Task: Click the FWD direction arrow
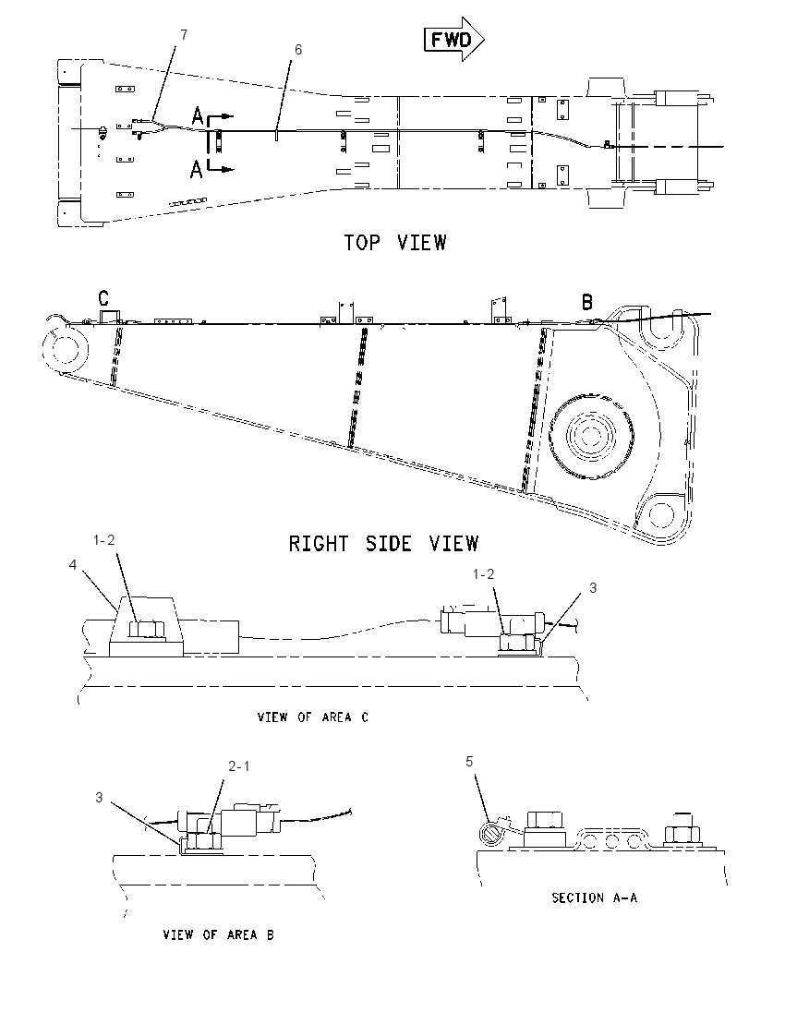click(x=453, y=40)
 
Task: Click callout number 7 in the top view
click(x=184, y=35)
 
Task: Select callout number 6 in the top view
click(x=297, y=50)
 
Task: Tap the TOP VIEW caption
click(x=394, y=243)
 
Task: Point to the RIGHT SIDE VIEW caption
click(x=383, y=544)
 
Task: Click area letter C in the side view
click(x=103, y=298)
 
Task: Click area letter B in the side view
click(x=587, y=301)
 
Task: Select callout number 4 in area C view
click(x=73, y=565)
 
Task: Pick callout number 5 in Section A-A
click(x=469, y=762)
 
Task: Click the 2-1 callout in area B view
click(x=239, y=766)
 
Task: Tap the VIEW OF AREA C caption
click(x=313, y=717)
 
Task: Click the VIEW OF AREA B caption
click(x=218, y=934)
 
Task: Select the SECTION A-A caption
click(x=594, y=898)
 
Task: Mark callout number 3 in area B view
click(x=99, y=798)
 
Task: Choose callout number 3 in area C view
click(x=593, y=588)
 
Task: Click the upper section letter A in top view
click(x=198, y=116)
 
